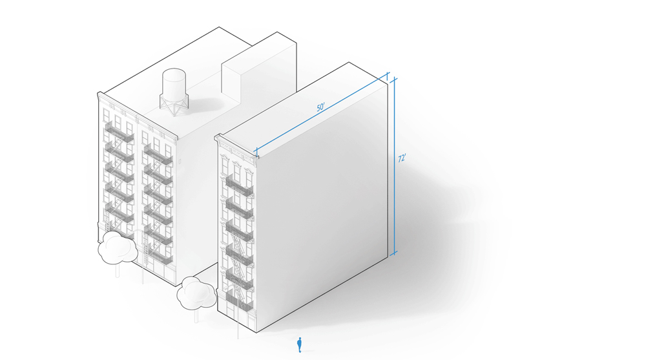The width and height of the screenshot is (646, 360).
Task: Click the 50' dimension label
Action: pos(320,107)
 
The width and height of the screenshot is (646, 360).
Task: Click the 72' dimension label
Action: pos(402,158)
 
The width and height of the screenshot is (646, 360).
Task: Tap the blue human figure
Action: pos(300,344)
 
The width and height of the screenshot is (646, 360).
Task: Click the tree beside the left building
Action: pos(118,248)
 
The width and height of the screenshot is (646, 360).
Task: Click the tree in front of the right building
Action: pos(196,293)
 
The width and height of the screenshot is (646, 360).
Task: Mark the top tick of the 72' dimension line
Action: pos(394,78)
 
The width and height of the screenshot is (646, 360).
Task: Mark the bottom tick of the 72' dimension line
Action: pos(393,253)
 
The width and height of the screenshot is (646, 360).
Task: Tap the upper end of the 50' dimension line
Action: pos(387,75)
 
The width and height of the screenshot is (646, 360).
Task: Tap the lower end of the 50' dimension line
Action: pos(256,152)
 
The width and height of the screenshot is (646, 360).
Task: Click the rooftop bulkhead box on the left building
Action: pos(259,72)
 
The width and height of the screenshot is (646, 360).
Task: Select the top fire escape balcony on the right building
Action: pos(240,186)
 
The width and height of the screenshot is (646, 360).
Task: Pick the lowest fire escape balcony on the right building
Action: pos(239,301)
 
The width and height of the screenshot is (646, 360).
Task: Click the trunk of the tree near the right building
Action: pos(196,316)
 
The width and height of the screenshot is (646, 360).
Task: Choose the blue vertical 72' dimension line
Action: pos(394,165)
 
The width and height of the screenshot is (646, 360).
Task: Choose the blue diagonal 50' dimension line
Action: pos(322,113)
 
